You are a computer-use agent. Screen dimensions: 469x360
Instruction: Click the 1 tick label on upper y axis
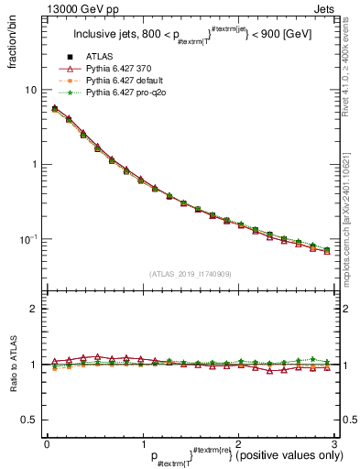35,165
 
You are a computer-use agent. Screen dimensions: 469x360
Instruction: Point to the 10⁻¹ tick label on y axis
29,239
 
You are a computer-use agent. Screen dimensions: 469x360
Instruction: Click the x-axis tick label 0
46,443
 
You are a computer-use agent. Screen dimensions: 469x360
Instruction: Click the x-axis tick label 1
141,443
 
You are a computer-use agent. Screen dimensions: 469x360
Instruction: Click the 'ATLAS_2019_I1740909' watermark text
189,274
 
